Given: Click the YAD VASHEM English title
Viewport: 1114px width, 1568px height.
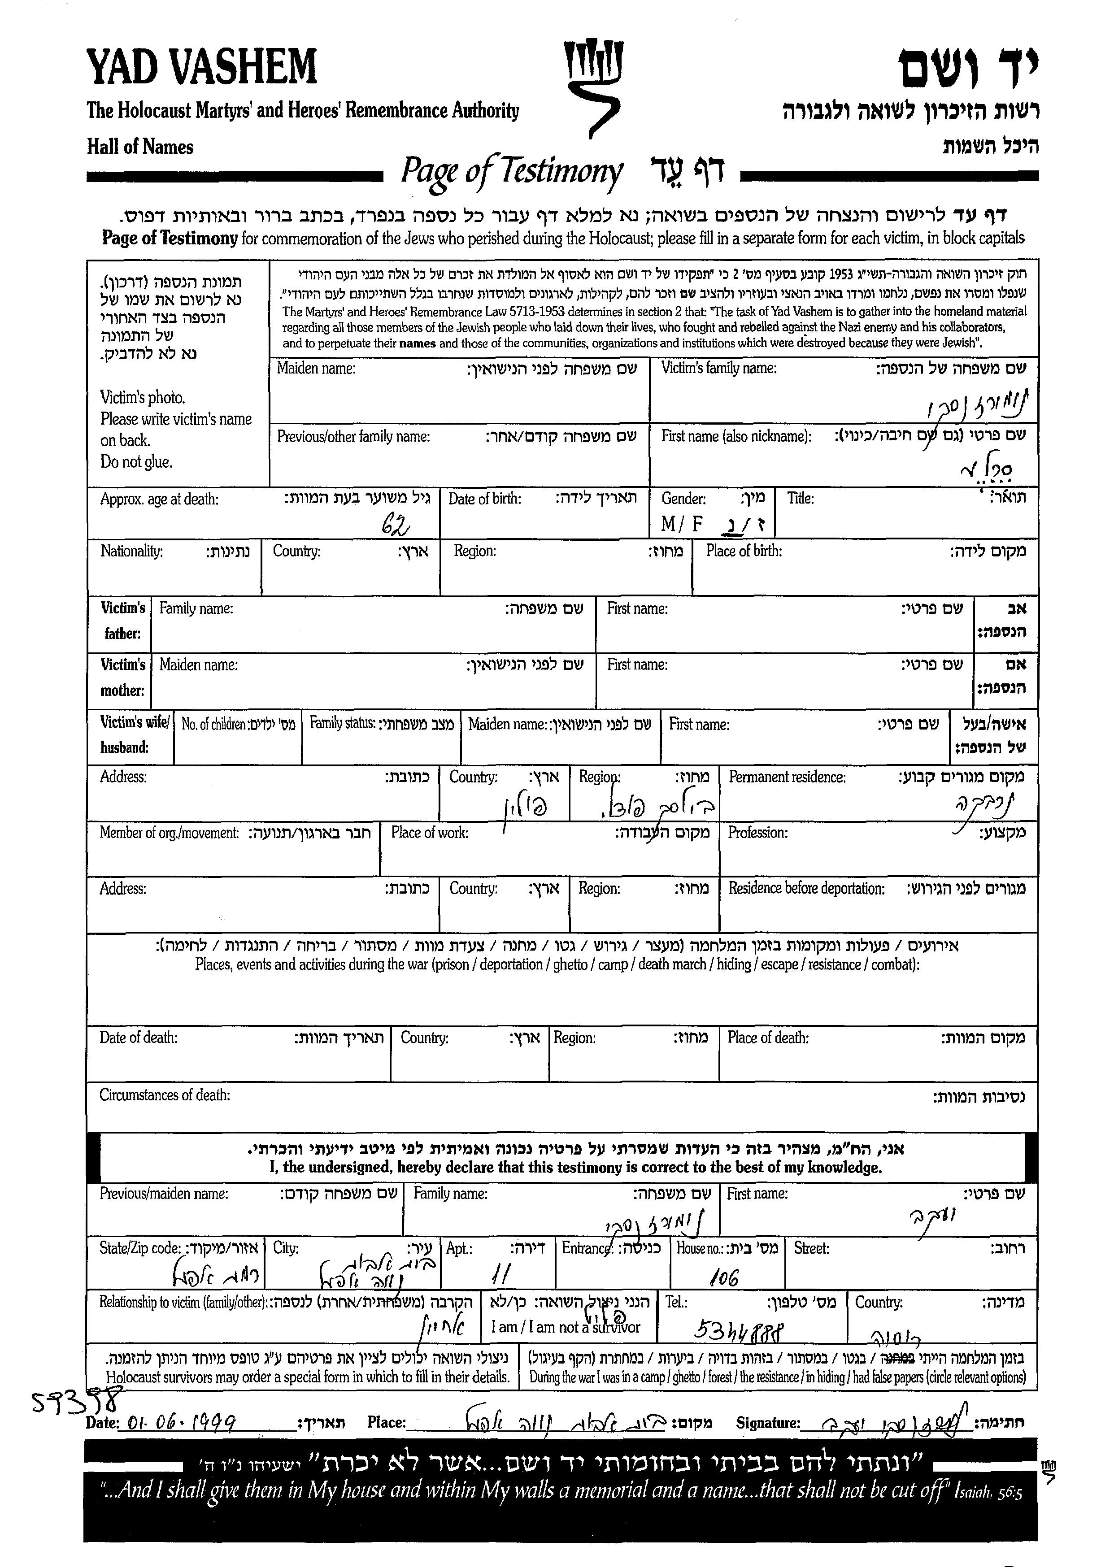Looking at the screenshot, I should click(x=202, y=67).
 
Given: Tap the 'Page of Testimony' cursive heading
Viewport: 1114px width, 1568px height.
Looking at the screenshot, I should click(x=511, y=171).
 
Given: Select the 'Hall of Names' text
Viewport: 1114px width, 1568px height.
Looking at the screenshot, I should click(x=140, y=147).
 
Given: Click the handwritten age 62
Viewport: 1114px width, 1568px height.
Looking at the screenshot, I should click(x=396, y=526).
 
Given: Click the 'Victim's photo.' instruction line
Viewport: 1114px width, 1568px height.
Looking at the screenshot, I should click(x=143, y=398).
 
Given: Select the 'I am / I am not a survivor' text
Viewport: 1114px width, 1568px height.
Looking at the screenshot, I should click(x=565, y=1327).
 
